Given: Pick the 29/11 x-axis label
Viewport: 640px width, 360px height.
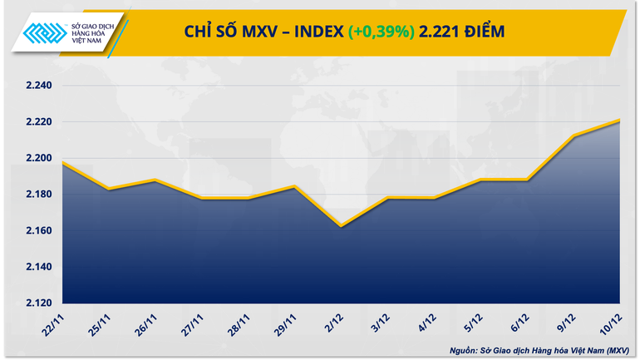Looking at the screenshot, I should coord(287,322).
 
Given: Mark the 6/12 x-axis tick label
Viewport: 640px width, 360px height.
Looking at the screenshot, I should coord(521,320).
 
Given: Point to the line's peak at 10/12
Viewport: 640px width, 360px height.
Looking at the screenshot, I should coord(620,121).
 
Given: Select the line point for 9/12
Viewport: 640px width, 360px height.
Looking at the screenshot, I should coord(574,136).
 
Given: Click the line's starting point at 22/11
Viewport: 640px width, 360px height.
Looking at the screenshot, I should coord(64,163).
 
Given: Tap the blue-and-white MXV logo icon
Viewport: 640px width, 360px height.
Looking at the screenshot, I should coord(42,32).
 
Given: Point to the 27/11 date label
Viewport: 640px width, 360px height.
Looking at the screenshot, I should coord(194,322).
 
